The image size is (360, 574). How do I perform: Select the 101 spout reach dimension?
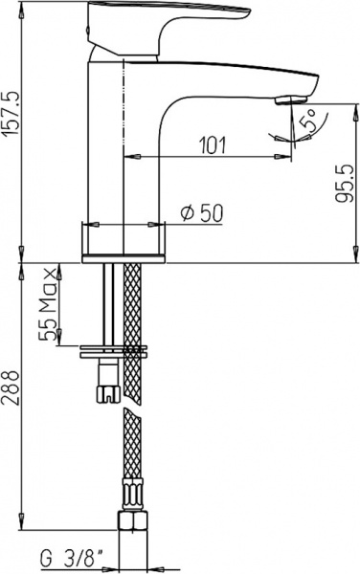tap(212, 144)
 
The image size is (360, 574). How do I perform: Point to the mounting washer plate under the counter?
tap(115, 348)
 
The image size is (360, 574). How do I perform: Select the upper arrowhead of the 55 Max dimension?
tap(59, 267)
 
